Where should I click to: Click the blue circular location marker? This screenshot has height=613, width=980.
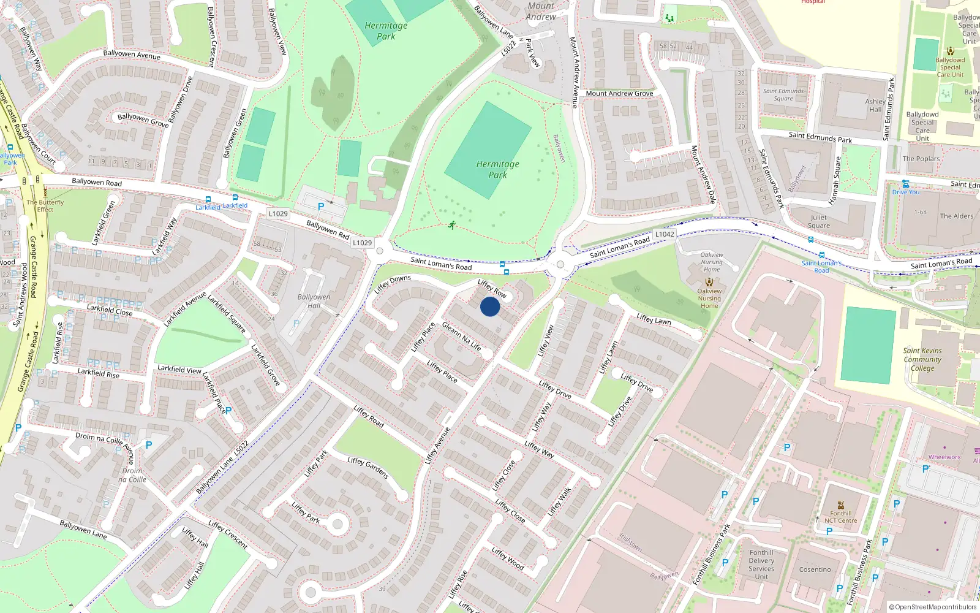coord(490,306)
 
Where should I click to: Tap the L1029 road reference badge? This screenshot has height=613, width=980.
coord(362,243)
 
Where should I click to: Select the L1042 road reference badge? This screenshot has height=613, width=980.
coord(665,234)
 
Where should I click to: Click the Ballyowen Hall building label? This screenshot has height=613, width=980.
coord(314,301)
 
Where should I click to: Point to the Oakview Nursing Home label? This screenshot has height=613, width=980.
coord(711,262)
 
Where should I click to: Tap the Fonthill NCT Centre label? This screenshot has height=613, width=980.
coord(840,517)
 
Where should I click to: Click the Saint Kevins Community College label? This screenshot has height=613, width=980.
coord(922,359)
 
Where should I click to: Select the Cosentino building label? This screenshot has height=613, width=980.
coord(815,569)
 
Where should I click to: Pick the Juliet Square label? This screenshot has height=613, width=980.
coord(819,221)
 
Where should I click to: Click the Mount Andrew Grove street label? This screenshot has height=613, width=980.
coord(619,94)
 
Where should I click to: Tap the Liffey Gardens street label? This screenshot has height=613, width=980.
coord(367,468)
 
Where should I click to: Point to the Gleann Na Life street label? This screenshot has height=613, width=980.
coord(462,337)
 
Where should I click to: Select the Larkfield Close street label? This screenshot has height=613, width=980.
coord(110,310)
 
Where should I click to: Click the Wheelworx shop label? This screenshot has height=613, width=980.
coord(944,457)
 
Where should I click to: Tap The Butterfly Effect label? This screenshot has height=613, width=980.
coord(45,205)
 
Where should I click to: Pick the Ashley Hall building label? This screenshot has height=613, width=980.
coord(875,105)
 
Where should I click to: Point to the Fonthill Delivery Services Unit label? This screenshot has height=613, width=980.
coord(761,565)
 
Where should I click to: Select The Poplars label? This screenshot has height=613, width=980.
coord(921,159)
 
